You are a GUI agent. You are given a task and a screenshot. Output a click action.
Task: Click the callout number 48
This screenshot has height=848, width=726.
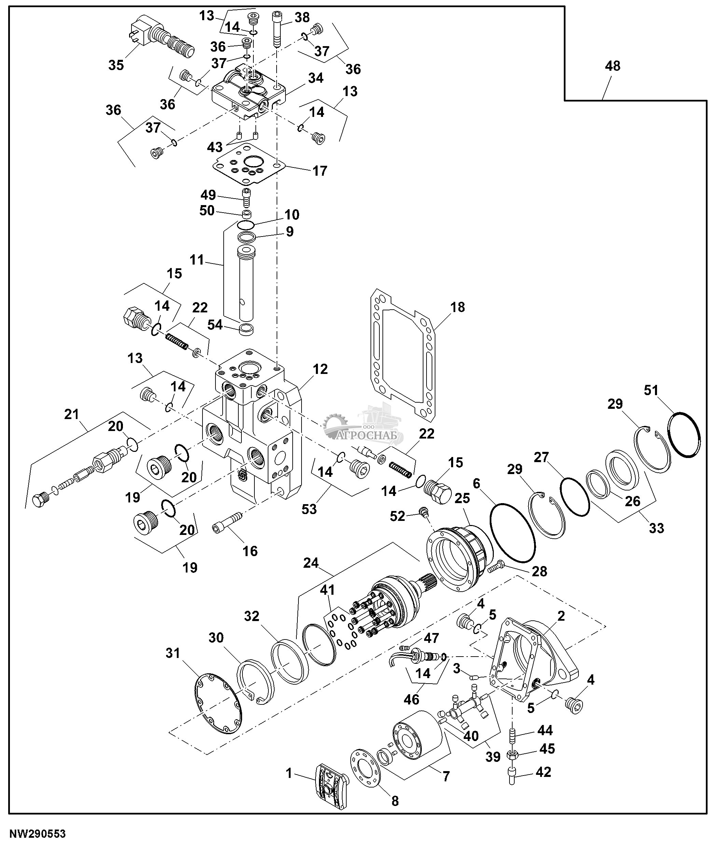(x=612, y=66)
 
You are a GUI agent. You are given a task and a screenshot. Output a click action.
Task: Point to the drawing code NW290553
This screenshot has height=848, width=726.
(x=38, y=834)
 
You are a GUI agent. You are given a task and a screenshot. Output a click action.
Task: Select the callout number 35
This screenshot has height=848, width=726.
(x=116, y=65)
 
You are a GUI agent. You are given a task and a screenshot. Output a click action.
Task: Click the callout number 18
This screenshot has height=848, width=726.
(x=458, y=307)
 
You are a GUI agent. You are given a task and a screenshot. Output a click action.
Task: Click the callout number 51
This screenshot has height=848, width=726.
(x=651, y=390)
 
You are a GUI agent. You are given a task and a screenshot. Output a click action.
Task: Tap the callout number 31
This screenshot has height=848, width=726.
(x=173, y=653)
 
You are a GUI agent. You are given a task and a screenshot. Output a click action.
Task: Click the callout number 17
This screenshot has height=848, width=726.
(x=320, y=171)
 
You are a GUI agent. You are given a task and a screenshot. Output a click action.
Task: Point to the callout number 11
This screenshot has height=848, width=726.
(x=197, y=259)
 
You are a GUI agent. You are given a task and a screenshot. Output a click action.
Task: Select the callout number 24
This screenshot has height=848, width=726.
(x=311, y=563)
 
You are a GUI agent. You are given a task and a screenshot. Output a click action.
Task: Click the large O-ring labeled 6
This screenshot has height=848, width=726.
(x=512, y=533)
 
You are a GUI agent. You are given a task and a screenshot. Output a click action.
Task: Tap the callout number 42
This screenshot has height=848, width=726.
(x=543, y=772)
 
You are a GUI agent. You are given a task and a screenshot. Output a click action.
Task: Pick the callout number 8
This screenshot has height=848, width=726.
(x=395, y=801)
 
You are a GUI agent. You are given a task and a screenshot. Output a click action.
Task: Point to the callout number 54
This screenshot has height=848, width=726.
(x=215, y=325)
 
